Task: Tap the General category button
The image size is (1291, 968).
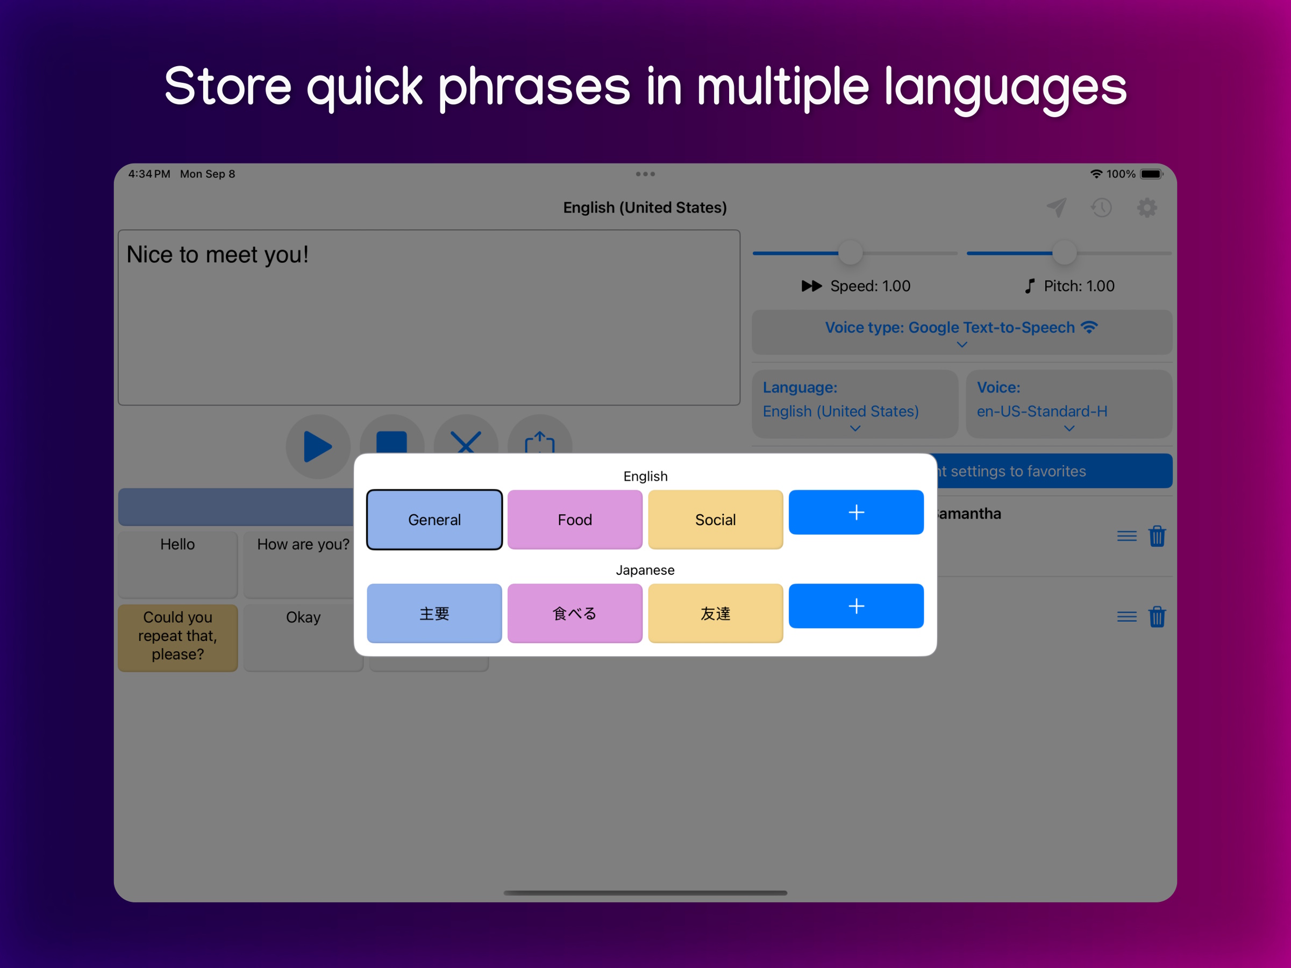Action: click(x=434, y=519)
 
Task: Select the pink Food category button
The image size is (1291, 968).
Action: click(x=574, y=519)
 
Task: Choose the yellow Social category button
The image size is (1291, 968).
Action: click(x=715, y=519)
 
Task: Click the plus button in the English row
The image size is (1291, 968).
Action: click(x=855, y=512)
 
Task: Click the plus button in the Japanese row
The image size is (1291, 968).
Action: click(x=855, y=606)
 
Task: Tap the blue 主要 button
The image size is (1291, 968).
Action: click(x=434, y=613)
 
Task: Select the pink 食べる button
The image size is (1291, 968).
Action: click(x=574, y=613)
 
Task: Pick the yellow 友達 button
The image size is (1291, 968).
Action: click(x=715, y=613)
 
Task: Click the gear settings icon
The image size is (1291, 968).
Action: click(x=1146, y=207)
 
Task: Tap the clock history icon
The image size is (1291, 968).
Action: click(x=1101, y=207)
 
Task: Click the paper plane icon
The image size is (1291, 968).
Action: click(x=1057, y=207)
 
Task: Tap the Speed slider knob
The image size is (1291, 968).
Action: click(x=850, y=253)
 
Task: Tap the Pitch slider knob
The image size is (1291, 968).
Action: click(x=1064, y=253)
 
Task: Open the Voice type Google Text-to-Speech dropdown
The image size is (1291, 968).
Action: click(x=961, y=332)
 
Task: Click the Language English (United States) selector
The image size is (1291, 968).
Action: click(x=854, y=404)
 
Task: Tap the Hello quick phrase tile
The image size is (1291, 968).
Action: click(x=177, y=564)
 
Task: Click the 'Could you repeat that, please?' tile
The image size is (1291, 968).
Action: click(x=177, y=636)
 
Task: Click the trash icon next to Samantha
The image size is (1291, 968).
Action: click(x=1157, y=536)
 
